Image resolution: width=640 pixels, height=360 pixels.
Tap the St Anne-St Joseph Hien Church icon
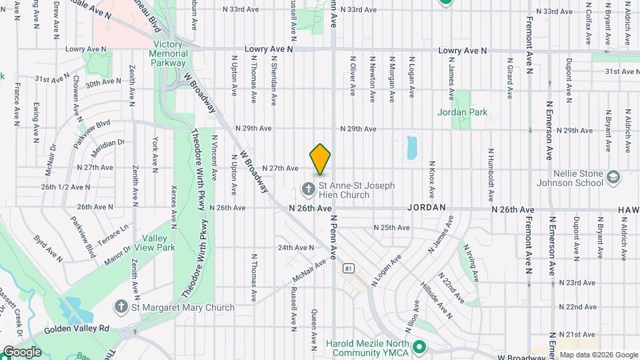308,189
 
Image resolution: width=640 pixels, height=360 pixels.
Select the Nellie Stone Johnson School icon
613,179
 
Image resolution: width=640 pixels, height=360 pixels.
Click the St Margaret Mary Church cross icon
121,307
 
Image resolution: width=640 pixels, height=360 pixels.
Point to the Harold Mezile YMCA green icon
419,347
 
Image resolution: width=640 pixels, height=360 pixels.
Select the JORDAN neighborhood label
426,208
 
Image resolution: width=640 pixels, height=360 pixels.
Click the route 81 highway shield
349,268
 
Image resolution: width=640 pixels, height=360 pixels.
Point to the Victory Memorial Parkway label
167,53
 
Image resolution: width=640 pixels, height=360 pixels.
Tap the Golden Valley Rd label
77,329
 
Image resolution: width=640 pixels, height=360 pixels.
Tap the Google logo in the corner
22,351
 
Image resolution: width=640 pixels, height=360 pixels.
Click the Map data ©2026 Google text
598,355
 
